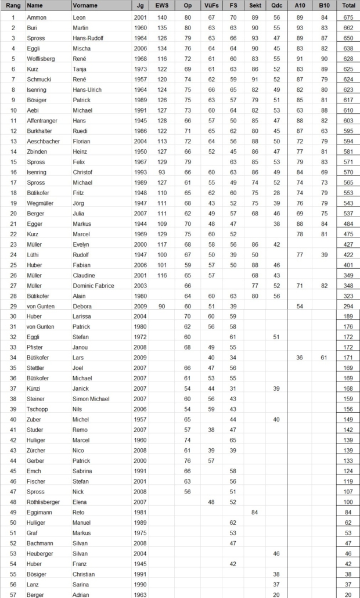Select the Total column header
[349, 5]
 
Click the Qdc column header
[276, 5]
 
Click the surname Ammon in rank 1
[37, 18]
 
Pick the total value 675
[349, 18]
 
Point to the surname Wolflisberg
[41, 59]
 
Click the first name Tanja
[81, 69]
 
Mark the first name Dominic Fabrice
[93, 286]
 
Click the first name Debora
[82, 306]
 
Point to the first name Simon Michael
[91, 399]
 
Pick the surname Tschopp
[38, 409]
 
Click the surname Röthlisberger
[45, 502]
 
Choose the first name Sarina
[82, 585]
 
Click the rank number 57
[13, 595]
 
